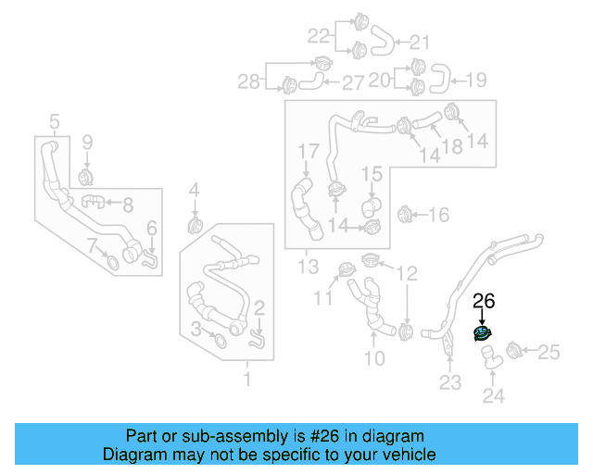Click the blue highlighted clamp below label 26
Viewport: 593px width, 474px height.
tap(483, 334)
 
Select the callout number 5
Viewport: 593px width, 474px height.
tap(54, 121)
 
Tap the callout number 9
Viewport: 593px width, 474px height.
tap(88, 143)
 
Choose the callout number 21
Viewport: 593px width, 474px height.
tap(420, 42)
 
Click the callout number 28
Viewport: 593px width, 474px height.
tap(248, 82)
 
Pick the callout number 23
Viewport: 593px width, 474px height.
tap(449, 382)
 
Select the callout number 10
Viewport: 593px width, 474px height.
tap(373, 358)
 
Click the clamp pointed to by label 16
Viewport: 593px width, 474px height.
tap(404, 215)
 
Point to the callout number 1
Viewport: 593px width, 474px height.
tap(246, 380)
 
